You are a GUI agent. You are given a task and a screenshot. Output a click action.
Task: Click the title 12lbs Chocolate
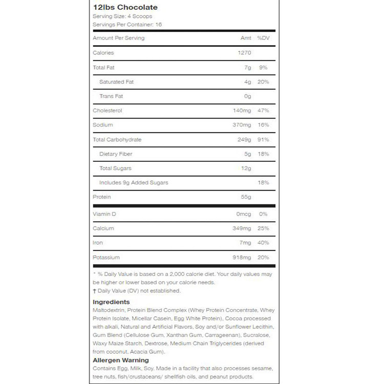(125, 8)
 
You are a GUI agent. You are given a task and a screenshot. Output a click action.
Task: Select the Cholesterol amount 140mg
(242, 111)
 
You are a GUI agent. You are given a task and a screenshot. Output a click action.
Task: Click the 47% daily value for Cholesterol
(263, 111)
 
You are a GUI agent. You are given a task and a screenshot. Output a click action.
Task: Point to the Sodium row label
(102, 125)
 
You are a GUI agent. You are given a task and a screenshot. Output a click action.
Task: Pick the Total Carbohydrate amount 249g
(244, 139)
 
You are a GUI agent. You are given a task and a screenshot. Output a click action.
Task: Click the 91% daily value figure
(263, 139)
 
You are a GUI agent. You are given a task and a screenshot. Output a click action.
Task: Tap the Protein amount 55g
(246, 197)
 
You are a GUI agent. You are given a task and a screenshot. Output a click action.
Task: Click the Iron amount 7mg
(246, 242)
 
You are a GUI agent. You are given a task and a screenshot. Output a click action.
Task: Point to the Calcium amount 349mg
(242, 228)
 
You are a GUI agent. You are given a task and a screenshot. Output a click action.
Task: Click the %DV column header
(263, 38)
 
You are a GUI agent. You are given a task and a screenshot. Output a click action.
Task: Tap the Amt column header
(246, 38)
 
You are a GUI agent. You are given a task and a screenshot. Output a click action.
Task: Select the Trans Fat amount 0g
(248, 96)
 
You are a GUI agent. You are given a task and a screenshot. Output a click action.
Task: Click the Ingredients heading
(111, 302)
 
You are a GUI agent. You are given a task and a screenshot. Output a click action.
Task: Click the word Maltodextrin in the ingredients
(109, 310)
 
